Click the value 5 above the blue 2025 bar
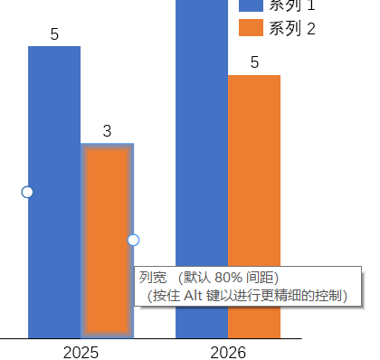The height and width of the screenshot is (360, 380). point(54,35)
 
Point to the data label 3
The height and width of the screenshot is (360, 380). point(107,131)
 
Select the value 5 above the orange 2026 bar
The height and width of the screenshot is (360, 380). point(254,62)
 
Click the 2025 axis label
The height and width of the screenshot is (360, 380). point(81,351)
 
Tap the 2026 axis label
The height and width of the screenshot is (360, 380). point(227,351)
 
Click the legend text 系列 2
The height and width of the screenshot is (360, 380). point(292,28)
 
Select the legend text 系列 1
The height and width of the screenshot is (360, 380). point(292,5)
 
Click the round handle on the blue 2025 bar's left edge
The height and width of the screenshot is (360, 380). point(27,192)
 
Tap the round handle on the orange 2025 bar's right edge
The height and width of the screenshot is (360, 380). point(133,240)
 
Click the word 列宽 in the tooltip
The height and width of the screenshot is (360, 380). point(151,277)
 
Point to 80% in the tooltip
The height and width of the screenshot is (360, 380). point(230,277)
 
